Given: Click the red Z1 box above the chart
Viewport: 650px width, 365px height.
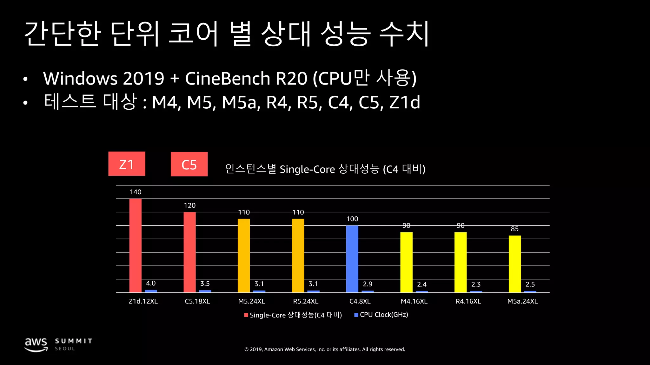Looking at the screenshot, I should click(x=127, y=164).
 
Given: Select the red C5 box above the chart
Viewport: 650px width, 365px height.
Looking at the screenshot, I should click(x=189, y=164).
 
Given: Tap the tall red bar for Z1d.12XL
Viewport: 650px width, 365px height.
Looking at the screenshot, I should click(x=136, y=246).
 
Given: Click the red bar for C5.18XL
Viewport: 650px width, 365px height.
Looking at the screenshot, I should click(x=189, y=252).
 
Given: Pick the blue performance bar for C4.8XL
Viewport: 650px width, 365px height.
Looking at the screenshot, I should click(x=352, y=259).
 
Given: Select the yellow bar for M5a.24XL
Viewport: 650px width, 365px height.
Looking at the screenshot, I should click(x=514, y=264).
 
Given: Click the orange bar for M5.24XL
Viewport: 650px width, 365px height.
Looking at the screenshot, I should click(x=244, y=255).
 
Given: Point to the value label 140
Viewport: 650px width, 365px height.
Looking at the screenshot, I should click(x=136, y=192).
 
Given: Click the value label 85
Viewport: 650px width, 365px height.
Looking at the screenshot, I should click(x=514, y=229).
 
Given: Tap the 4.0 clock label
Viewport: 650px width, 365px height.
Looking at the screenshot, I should click(x=151, y=283).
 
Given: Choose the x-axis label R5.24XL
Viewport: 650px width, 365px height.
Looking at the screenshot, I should click(x=306, y=301).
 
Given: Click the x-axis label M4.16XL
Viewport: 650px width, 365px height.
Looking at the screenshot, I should click(x=414, y=301).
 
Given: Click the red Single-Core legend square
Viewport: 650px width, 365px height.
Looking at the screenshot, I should click(x=246, y=315).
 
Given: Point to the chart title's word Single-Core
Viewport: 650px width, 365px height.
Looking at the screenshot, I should click(x=307, y=170).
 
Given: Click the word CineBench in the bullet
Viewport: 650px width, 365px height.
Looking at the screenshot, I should click(x=227, y=79).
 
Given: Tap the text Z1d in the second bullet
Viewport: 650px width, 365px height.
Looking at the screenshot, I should click(x=405, y=102).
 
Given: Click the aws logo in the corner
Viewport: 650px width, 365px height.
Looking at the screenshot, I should click(x=36, y=344).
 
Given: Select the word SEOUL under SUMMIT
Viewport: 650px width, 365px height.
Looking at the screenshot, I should click(x=65, y=349).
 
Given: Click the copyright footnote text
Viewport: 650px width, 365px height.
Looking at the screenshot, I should click(x=325, y=349).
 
